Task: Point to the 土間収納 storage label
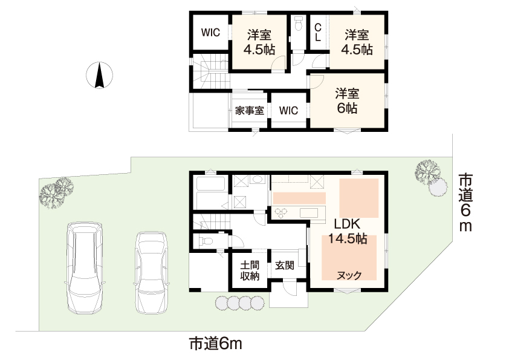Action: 250,270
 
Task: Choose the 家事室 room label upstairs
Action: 248,111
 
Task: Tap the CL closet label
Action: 318,32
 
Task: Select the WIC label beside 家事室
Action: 288,111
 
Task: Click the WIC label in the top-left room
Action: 210,33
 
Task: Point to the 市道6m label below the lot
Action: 215,344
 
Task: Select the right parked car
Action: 151,272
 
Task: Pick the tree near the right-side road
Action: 427,173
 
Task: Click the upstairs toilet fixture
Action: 298,26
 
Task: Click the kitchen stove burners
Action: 282,212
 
